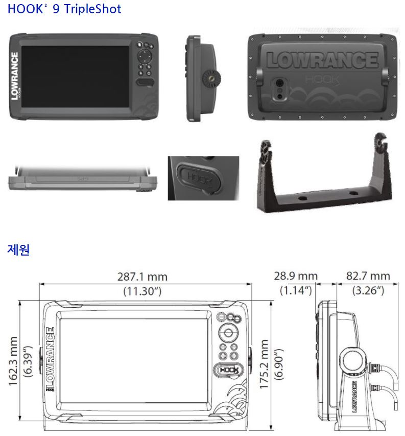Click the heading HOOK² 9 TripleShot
click(64, 9)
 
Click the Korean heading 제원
click(18, 250)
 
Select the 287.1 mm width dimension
click(142, 277)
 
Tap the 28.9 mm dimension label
click(296, 276)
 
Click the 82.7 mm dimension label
click(368, 276)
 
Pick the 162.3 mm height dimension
click(14, 360)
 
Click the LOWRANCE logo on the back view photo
click(322, 60)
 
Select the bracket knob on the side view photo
click(209, 79)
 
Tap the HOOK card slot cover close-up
click(203, 178)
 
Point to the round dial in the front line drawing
click(228, 334)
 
